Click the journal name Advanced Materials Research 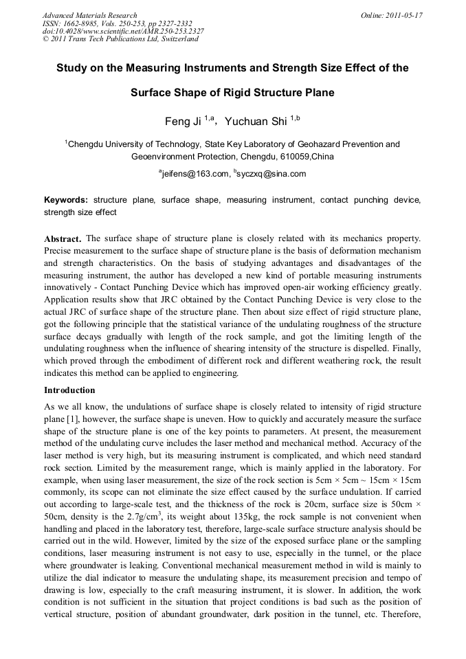(x=89, y=15)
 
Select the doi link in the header (x=123, y=31)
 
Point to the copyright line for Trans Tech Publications (x=120, y=39)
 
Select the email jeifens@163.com (x=194, y=174)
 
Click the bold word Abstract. (x=63, y=238)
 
